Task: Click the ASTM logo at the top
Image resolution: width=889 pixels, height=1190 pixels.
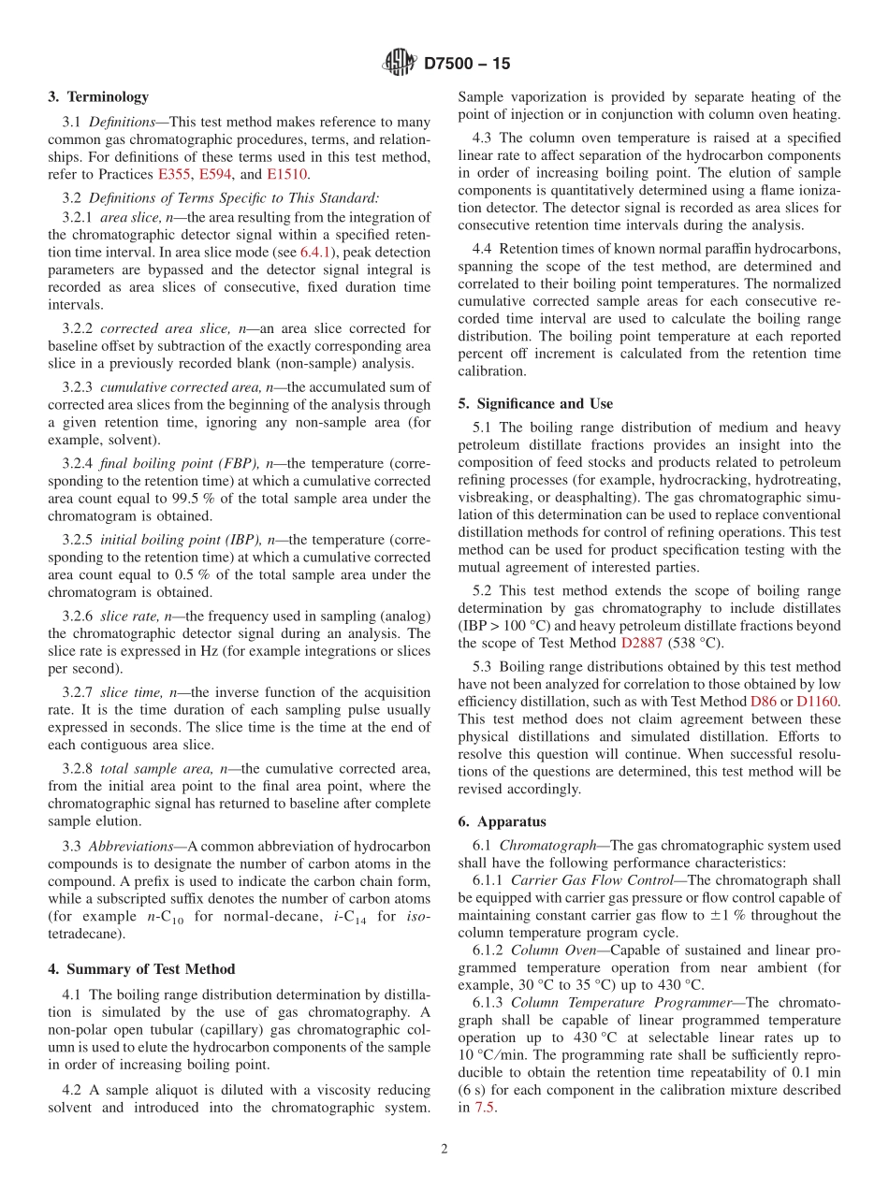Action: [400, 64]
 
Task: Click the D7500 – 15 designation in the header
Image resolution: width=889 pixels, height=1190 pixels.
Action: [467, 65]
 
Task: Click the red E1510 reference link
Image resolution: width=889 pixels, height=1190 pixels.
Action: [286, 174]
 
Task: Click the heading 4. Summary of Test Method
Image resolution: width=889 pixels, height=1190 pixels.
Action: [141, 968]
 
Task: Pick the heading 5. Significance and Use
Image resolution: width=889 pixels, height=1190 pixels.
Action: [535, 403]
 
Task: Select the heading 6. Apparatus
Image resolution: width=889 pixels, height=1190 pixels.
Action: [501, 821]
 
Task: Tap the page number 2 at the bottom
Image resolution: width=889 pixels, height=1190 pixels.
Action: [444, 1149]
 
